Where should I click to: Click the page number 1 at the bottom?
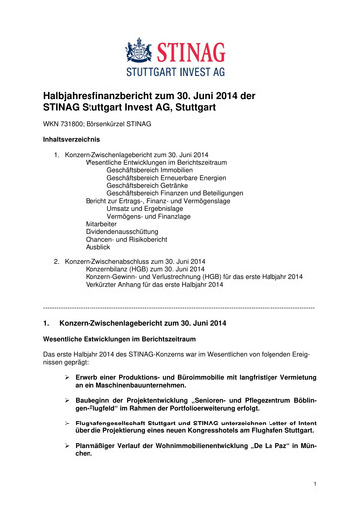point(313,484)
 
